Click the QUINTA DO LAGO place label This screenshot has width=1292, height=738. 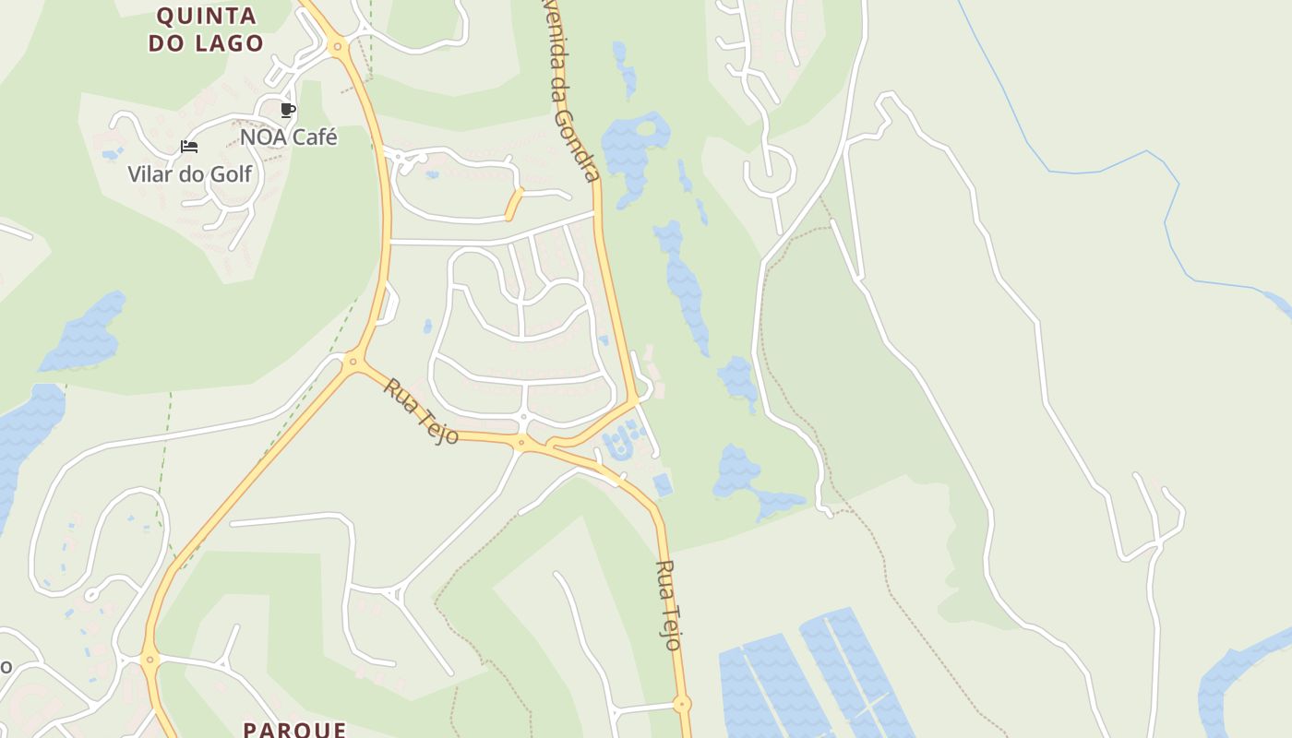click(x=206, y=30)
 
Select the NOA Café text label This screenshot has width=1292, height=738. click(x=288, y=137)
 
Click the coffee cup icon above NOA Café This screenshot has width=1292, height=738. click(x=288, y=111)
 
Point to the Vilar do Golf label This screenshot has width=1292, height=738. click(x=189, y=173)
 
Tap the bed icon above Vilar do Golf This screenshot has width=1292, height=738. click(x=189, y=147)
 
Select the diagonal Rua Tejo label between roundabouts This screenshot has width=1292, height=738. click(x=421, y=411)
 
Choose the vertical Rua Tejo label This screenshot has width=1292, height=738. click(x=668, y=605)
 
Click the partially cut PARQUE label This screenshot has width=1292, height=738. click(x=294, y=729)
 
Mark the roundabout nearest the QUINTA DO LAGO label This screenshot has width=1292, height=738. click(x=338, y=45)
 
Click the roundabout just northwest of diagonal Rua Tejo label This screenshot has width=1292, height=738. click(x=353, y=363)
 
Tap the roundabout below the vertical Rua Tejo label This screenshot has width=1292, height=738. click(x=682, y=705)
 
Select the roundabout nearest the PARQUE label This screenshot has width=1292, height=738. click(x=150, y=659)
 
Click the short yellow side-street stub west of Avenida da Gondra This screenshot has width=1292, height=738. click(x=514, y=204)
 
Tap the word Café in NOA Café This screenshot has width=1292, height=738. click(x=314, y=137)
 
